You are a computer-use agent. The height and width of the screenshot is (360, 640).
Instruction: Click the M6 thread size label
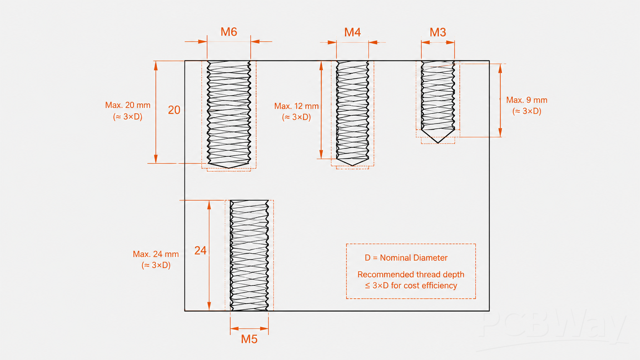229,32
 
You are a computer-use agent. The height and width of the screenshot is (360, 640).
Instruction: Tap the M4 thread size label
352,32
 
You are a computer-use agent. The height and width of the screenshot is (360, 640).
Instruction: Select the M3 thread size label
438,32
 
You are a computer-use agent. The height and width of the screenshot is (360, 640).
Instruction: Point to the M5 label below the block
249,339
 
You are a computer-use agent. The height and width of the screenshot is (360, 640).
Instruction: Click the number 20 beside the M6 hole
174,110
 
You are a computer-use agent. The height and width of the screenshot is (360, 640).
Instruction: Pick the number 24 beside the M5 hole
200,250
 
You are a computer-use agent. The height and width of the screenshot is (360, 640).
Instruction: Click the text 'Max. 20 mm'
128,105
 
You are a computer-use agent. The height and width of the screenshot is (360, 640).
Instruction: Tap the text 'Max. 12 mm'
296,106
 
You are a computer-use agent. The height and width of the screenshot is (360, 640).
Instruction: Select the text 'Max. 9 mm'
527,100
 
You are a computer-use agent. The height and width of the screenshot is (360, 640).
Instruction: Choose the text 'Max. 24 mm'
156,254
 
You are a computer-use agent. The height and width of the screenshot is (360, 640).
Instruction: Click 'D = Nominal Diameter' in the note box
406,258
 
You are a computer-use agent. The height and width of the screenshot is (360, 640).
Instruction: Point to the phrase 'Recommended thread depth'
411,274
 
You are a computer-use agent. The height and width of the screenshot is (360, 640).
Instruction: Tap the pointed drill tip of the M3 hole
438,142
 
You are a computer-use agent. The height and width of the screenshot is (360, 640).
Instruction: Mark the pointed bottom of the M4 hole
352,165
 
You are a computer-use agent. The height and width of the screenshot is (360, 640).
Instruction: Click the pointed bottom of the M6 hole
229,168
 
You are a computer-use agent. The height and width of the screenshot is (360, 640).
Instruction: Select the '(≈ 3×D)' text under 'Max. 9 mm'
527,111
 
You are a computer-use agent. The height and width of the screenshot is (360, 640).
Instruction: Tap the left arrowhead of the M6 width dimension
202,42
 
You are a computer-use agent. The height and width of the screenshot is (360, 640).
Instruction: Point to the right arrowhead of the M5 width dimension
264,329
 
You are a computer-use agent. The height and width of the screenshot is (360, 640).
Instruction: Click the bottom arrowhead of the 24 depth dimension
209,306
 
